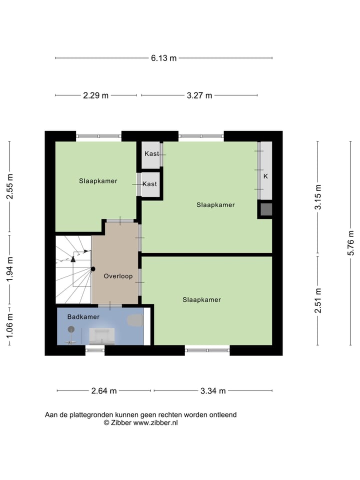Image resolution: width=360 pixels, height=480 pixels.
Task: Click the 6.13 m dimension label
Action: (164, 58)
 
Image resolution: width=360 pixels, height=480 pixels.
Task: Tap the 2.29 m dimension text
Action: (95, 95)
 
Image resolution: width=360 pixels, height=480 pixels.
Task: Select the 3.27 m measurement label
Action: (199, 95)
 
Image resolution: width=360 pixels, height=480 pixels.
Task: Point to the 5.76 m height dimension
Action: (352, 243)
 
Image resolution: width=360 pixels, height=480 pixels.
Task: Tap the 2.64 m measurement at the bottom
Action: (104, 391)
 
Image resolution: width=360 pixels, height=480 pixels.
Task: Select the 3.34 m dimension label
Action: (213, 391)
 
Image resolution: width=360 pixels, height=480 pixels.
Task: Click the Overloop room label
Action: (118, 276)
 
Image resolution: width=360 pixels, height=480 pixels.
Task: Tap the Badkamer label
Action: (83, 316)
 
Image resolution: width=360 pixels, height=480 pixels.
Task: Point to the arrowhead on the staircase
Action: (73, 259)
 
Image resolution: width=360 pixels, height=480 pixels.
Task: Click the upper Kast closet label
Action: (151, 153)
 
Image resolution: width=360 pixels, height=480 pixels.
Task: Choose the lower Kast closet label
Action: (149, 184)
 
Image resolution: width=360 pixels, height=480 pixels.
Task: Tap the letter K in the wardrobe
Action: (265, 176)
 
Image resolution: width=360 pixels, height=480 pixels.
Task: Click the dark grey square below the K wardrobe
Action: (266, 209)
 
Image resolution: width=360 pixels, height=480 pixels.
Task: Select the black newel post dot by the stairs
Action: (93, 268)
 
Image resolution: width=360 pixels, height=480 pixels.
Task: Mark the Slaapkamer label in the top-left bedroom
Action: (98, 181)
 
